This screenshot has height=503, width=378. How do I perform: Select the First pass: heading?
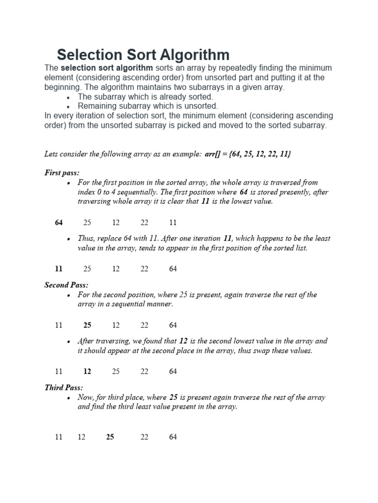pos(62,172)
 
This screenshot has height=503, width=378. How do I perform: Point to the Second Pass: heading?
pos(66,285)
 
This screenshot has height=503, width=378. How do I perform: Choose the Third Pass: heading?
pos(63,388)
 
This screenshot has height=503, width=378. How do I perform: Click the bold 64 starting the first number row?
pos(59,223)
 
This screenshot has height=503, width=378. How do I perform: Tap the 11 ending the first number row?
pos(173,223)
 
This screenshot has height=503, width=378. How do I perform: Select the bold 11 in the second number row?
pos(59,269)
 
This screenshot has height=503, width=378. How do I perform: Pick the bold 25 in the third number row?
pos(88,325)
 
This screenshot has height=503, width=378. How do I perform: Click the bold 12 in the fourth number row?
pos(87,371)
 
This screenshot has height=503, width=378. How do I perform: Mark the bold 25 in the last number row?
pos(110,437)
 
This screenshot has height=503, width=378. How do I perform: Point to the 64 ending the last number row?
pos(173,437)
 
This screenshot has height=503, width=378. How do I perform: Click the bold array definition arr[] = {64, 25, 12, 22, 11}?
pos(248,154)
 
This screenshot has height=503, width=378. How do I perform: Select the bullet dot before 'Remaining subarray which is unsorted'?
pos(67,107)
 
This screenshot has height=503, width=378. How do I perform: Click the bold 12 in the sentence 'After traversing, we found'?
pos(184,341)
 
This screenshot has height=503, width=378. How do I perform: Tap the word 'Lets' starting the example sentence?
pos(51,154)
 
